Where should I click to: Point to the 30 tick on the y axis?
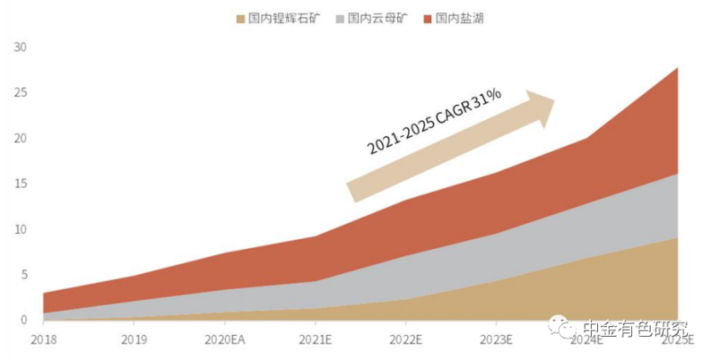point(21,47)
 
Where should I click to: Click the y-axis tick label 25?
point(21,92)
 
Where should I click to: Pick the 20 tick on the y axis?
point(21,139)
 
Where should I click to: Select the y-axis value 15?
point(21,184)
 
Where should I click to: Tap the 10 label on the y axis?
point(21,229)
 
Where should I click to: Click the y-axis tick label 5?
point(24,275)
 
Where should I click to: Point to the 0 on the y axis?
point(24,320)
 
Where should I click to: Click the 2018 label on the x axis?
point(43,339)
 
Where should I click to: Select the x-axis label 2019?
point(134,339)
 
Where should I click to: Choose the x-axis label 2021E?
point(315,339)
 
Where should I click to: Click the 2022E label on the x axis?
point(406,339)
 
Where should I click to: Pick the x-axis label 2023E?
point(497,339)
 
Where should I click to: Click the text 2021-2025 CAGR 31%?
point(435,123)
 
